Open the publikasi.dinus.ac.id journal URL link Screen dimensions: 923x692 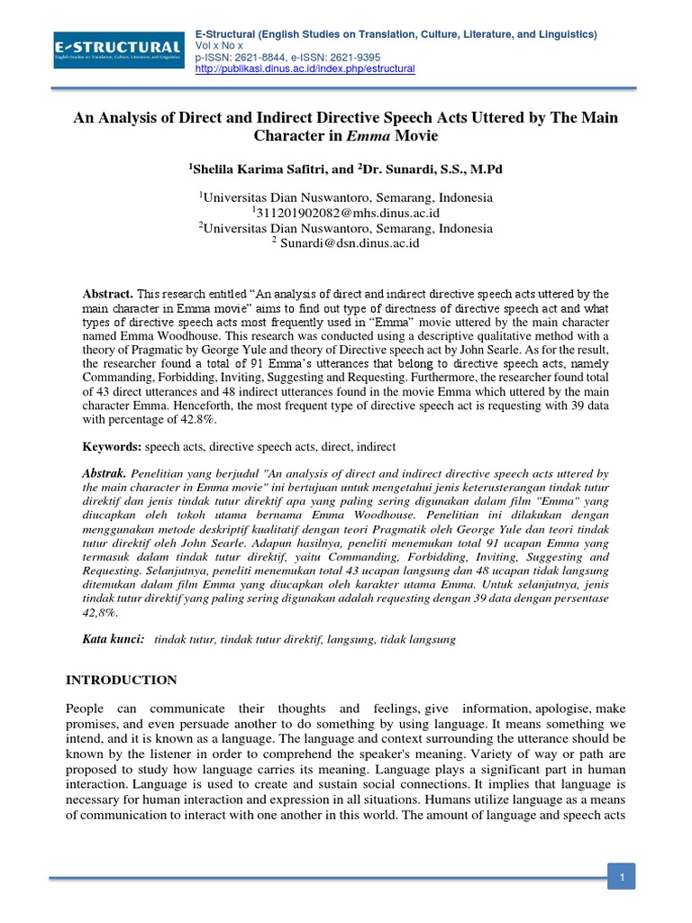[x=305, y=69]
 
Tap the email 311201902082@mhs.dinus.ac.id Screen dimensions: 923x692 [x=349, y=213]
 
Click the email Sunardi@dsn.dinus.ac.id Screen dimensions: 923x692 [x=350, y=242]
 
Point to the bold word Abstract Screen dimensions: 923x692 [x=107, y=295]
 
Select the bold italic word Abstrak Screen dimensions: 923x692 [x=104, y=472]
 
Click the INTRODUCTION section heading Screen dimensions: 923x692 [x=122, y=680]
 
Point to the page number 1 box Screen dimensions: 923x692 [x=621, y=875]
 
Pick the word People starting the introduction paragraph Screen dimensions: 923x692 [x=87, y=708]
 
